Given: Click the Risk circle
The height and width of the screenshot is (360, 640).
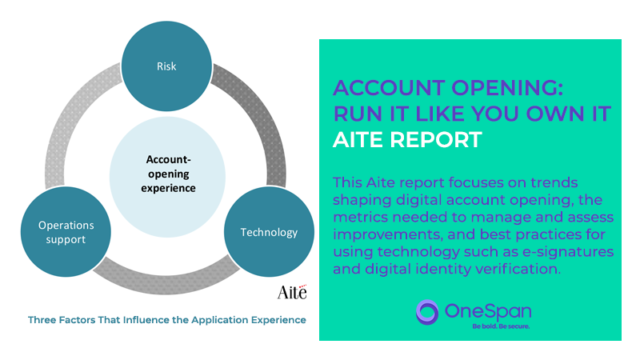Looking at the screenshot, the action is tap(166, 66).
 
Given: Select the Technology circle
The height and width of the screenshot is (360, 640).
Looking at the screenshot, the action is tap(270, 232).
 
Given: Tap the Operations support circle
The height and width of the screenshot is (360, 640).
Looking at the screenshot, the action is tap(66, 232).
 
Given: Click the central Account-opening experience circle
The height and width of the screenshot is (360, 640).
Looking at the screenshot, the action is tap(167, 177).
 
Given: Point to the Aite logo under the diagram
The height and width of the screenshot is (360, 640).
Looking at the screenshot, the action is tap(292, 292).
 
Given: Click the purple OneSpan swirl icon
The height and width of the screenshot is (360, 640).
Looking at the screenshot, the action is tap(427, 312).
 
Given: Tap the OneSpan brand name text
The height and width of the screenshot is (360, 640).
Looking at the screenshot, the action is tap(488, 312).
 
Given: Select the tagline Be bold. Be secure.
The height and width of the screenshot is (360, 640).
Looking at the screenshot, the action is tap(501, 326).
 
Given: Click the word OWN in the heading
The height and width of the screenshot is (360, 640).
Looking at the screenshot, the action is tap(555, 114).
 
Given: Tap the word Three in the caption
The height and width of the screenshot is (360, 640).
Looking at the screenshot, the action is tap(42, 320).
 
